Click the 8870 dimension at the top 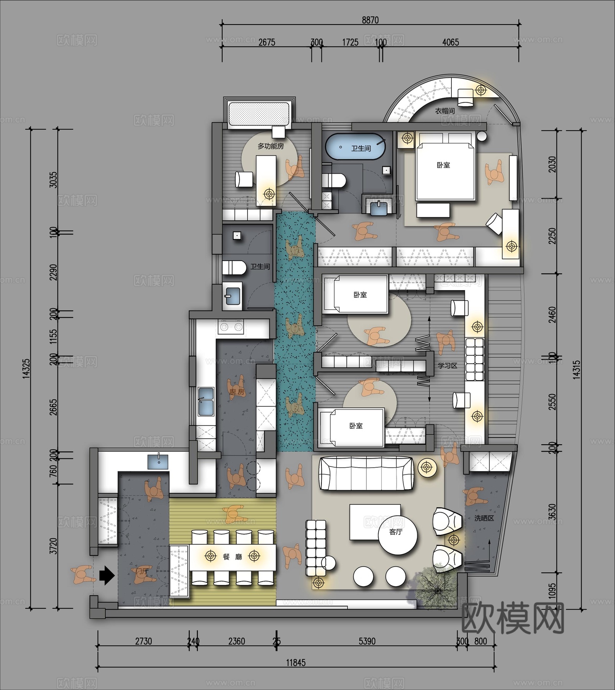[370, 20]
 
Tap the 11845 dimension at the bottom [296, 662]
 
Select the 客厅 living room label [396, 532]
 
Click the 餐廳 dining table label [232, 556]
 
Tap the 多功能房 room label [271, 146]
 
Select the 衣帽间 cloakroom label [444, 111]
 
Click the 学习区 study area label [448, 365]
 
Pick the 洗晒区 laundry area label [484, 518]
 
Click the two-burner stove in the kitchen [231, 327]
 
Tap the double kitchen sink [206, 401]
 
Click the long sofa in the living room [366, 473]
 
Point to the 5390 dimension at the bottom [367, 641]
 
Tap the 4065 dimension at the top [450, 42]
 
